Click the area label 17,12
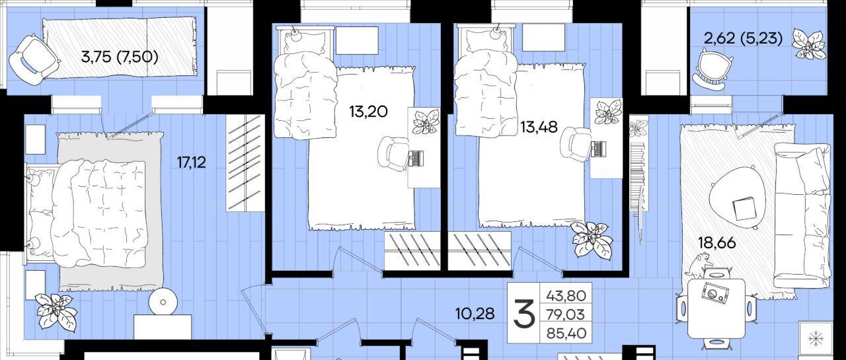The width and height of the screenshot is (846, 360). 192,162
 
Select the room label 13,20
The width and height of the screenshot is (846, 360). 368,112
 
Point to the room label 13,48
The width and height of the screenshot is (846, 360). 539,127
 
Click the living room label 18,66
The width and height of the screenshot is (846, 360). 717,242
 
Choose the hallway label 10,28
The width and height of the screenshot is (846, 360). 475,314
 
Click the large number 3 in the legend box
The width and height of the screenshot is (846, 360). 524,313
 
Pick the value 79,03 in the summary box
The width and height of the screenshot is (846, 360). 566,314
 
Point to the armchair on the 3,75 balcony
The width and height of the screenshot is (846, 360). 33,59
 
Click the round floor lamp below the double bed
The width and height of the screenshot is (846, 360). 163,302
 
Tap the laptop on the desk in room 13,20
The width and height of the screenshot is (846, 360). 416,158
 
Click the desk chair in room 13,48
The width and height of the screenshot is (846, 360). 575,145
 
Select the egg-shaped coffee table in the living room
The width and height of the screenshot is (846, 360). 736,198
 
